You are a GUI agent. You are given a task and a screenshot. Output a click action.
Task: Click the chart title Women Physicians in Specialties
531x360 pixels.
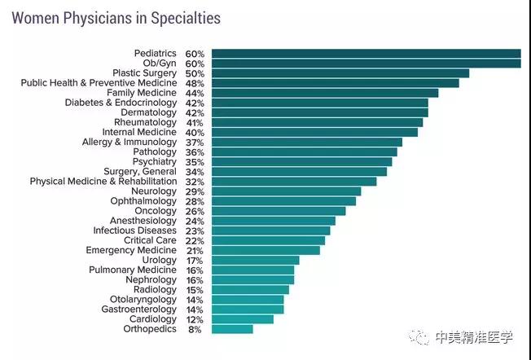116,17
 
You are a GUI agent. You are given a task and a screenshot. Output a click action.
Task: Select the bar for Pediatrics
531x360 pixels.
366,54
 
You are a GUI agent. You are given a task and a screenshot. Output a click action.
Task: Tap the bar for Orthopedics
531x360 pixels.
232,329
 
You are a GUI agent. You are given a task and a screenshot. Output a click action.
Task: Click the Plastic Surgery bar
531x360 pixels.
340,73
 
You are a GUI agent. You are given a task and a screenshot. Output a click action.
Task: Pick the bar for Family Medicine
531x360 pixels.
324,93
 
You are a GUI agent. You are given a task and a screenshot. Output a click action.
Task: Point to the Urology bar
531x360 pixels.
255,261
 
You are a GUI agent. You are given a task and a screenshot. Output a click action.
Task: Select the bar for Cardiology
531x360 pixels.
242,319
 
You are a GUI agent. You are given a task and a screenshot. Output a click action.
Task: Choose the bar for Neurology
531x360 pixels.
286,191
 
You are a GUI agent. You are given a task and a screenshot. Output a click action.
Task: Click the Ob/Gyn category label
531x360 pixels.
159,64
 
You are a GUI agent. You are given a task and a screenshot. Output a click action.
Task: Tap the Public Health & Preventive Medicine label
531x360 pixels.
99,83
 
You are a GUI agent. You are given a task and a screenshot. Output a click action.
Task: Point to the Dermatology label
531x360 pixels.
148,112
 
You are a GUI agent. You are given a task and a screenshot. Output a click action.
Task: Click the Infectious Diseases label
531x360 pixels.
134,230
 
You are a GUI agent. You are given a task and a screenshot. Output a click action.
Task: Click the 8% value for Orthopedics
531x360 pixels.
195,329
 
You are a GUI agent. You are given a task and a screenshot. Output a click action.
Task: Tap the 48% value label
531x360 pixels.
195,83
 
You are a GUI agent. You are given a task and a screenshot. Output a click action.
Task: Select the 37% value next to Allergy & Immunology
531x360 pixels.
195,143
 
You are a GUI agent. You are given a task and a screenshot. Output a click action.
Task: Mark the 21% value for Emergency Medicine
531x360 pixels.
195,251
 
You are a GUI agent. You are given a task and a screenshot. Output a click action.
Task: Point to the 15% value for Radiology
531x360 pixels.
195,290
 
